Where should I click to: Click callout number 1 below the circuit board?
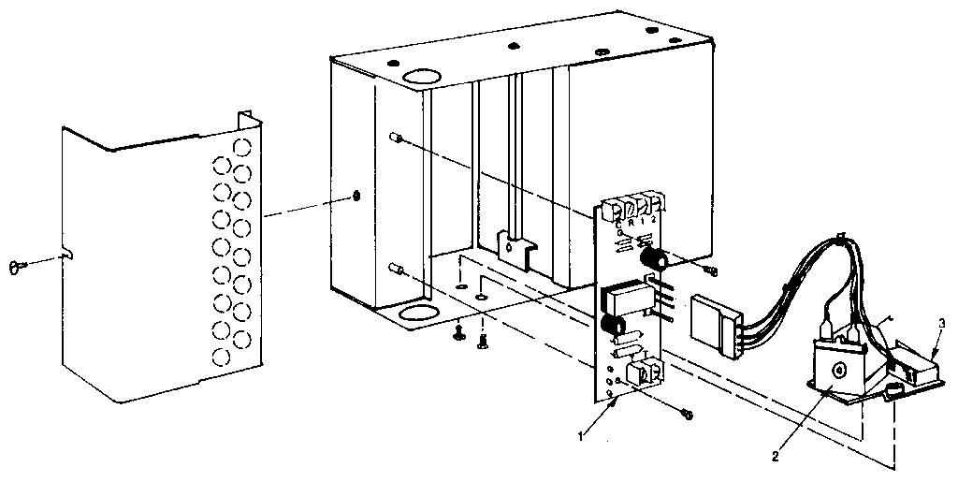pyautogui.click(x=581, y=434)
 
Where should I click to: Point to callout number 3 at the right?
pyautogui.click(x=942, y=323)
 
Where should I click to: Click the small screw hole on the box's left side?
pyautogui.click(x=356, y=196)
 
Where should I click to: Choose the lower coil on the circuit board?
pyautogui.click(x=613, y=327)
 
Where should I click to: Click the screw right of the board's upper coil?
pyautogui.click(x=710, y=270)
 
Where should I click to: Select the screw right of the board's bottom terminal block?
pyautogui.click(x=688, y=412)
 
